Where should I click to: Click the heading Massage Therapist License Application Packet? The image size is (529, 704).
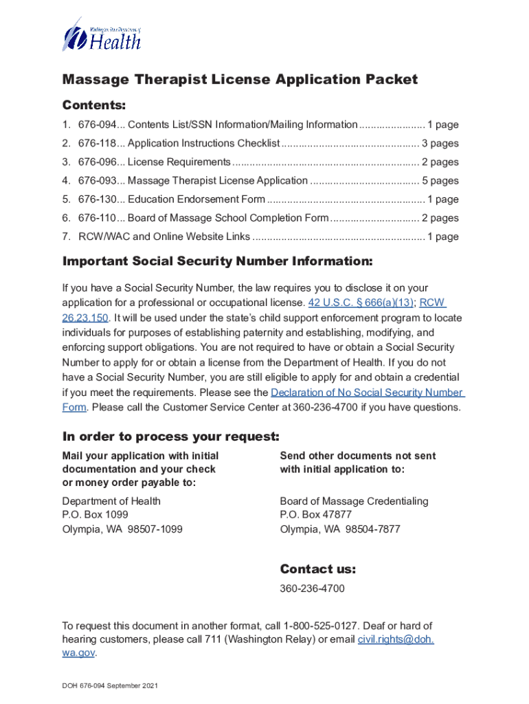tap(240, 80)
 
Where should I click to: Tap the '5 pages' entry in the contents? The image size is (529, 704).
tap(440, 181)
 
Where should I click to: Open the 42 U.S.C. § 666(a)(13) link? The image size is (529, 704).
tap(361, 303)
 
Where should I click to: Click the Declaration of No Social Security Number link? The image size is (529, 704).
tap(368, 393)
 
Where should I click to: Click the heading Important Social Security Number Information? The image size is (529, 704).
tap(218, 261)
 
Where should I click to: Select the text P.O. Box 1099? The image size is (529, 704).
tap(95, 515)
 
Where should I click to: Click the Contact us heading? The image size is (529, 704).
tap(318, 569)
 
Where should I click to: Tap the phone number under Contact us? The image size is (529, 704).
tap(312, 589)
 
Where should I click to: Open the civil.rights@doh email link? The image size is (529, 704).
tap(396, 640)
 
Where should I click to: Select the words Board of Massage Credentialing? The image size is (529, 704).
tap(354, 501)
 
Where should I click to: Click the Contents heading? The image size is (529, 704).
tap(94, 105)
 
